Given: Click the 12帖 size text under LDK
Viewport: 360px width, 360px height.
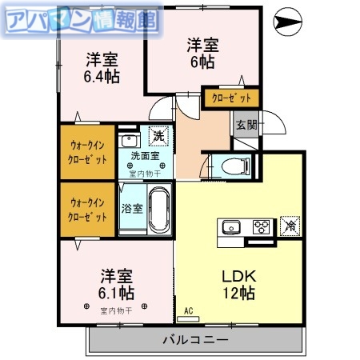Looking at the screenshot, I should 238,293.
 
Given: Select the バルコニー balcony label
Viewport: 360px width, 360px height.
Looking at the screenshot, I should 196,338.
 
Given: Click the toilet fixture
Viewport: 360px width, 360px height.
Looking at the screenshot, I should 236,166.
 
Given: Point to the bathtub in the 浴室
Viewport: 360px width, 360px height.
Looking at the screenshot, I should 157,210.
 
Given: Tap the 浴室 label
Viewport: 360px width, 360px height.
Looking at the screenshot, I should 131,210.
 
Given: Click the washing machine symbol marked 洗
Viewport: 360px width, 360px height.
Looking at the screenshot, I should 160,137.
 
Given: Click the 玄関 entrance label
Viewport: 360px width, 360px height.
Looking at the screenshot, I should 246,124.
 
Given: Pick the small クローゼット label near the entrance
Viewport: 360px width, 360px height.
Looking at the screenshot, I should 231,98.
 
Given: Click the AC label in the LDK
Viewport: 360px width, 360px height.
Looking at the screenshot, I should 189,310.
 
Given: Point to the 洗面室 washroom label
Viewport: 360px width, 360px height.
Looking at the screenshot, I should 145,157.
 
